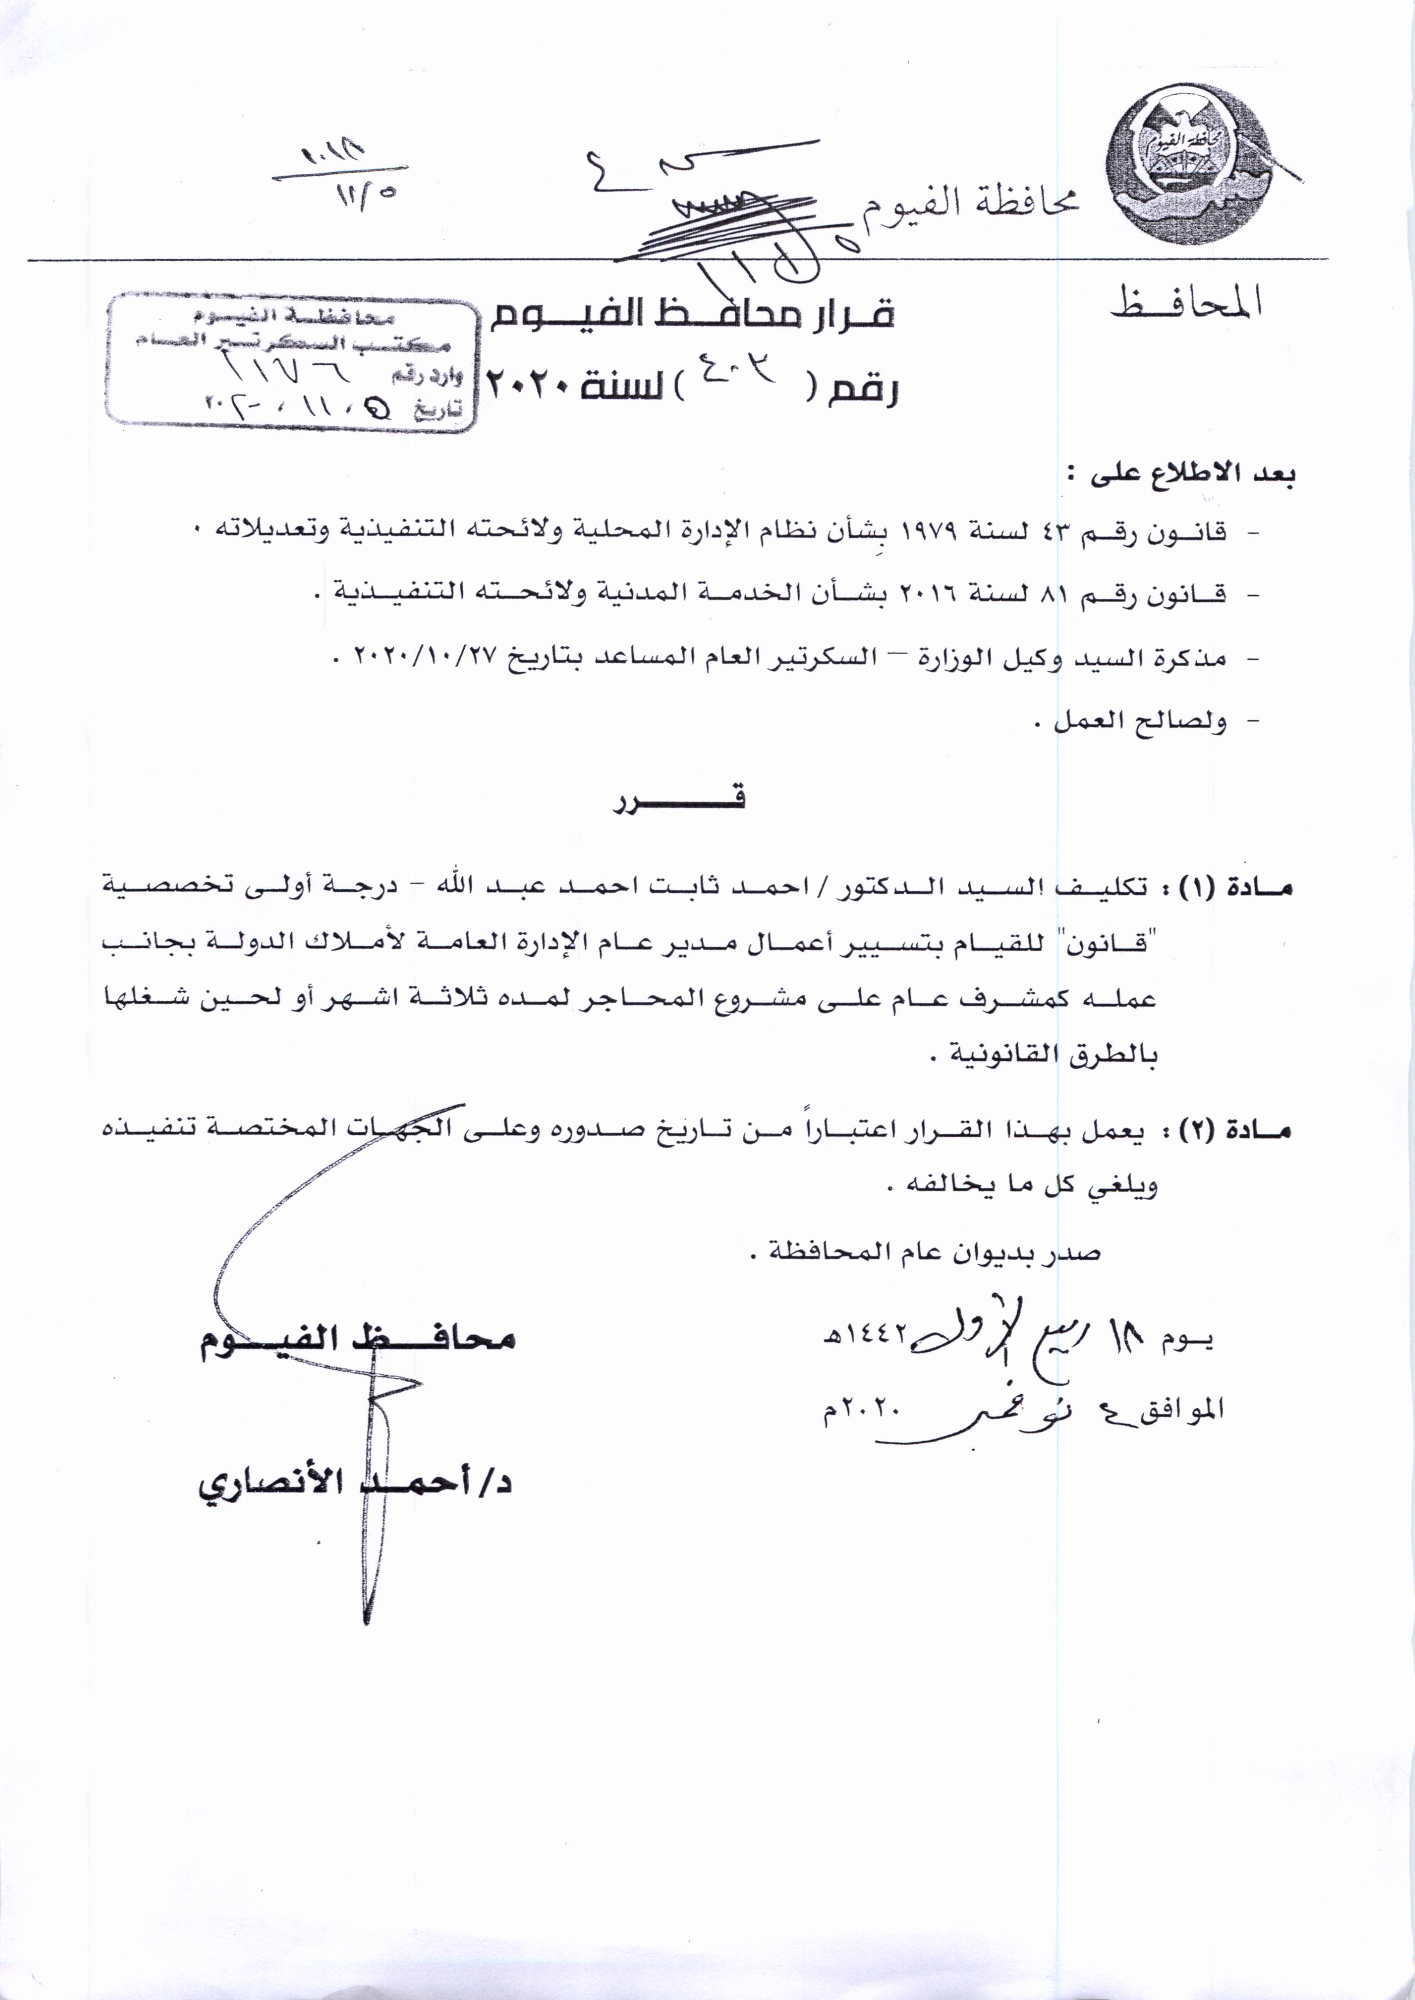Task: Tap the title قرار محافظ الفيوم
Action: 691,314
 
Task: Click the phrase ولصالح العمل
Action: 1131,721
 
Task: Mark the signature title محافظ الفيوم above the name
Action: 357,1339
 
